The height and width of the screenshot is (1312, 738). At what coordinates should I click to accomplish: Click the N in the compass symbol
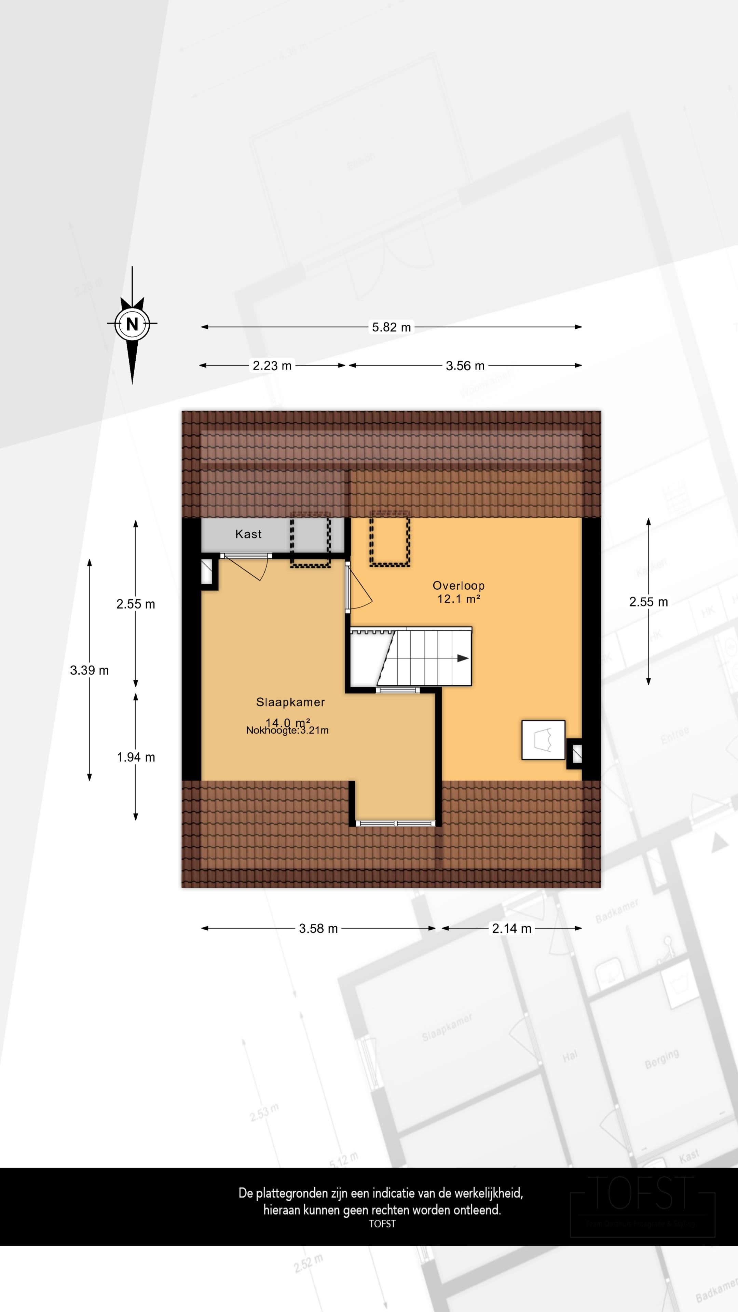[132, 324]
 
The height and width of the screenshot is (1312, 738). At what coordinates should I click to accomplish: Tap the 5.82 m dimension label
[391, 327]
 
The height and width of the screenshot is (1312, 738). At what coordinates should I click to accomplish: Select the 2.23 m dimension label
[272, 366]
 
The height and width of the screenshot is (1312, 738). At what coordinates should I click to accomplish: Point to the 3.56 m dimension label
[465, 366]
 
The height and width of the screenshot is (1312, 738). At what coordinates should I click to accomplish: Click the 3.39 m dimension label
[89, 670]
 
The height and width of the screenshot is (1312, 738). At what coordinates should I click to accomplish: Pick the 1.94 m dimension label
[136, 757]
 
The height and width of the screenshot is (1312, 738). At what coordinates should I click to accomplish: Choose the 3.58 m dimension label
[318, 929]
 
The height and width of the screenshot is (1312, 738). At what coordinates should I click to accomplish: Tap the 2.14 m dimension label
[511, 929]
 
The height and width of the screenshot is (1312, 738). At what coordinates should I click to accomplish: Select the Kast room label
[248, 534]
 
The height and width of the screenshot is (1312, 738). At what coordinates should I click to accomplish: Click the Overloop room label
[459, 586]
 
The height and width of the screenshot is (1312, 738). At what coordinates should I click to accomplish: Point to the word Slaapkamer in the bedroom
[290, 702]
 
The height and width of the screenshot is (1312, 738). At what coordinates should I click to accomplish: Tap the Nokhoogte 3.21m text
[287, 730]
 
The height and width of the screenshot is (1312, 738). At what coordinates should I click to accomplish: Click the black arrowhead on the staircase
[463, 658]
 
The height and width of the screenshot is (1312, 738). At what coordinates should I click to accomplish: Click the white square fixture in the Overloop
[543, 740]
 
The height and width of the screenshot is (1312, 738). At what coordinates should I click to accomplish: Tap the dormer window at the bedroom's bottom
[395, 823]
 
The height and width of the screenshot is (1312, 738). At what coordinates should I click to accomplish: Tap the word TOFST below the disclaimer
[382, 1224]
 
